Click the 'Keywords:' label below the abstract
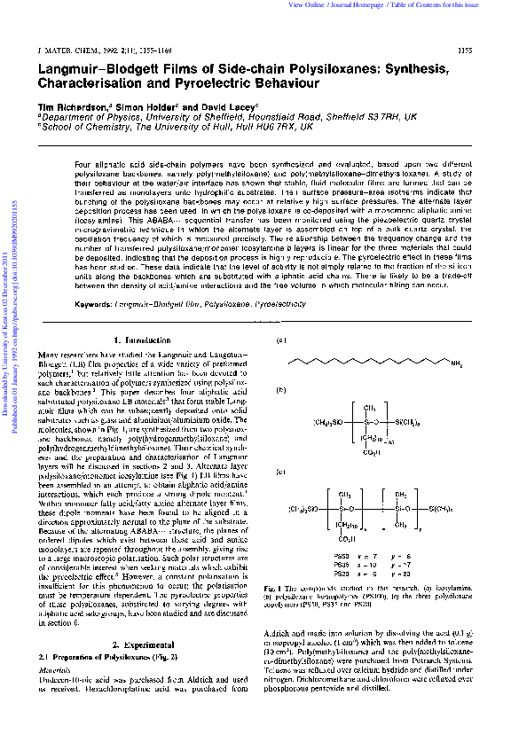coord(93,303)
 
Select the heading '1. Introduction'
coord(143,340)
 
